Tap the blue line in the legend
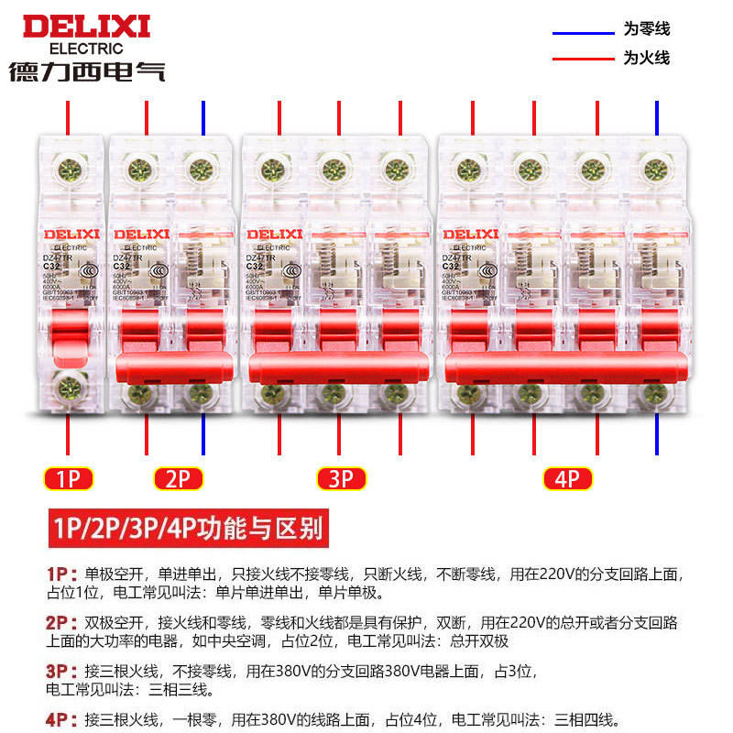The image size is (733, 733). pyautogui.click(x=583, y=33)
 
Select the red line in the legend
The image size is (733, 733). pyautogui.click(x=583, y=59)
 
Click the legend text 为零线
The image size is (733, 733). pyautogui.click(x=647, y=30)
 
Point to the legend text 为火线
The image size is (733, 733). pyautogui.click(x=647, y=58)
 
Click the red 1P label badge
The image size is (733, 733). pyautogui.click(x=69, y=477)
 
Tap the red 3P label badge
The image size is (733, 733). pyautogui.click(x=341, y=477)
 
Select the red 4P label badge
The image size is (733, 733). pyautogui.click(x=567, y=477)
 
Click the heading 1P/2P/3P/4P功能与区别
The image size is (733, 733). pyautogui.click(x=184, y=529)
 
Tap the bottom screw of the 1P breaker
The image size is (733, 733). pyautogui.click(x=69, y=387)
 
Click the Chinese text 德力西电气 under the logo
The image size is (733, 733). pyautogui.click(x=87, y=71)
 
